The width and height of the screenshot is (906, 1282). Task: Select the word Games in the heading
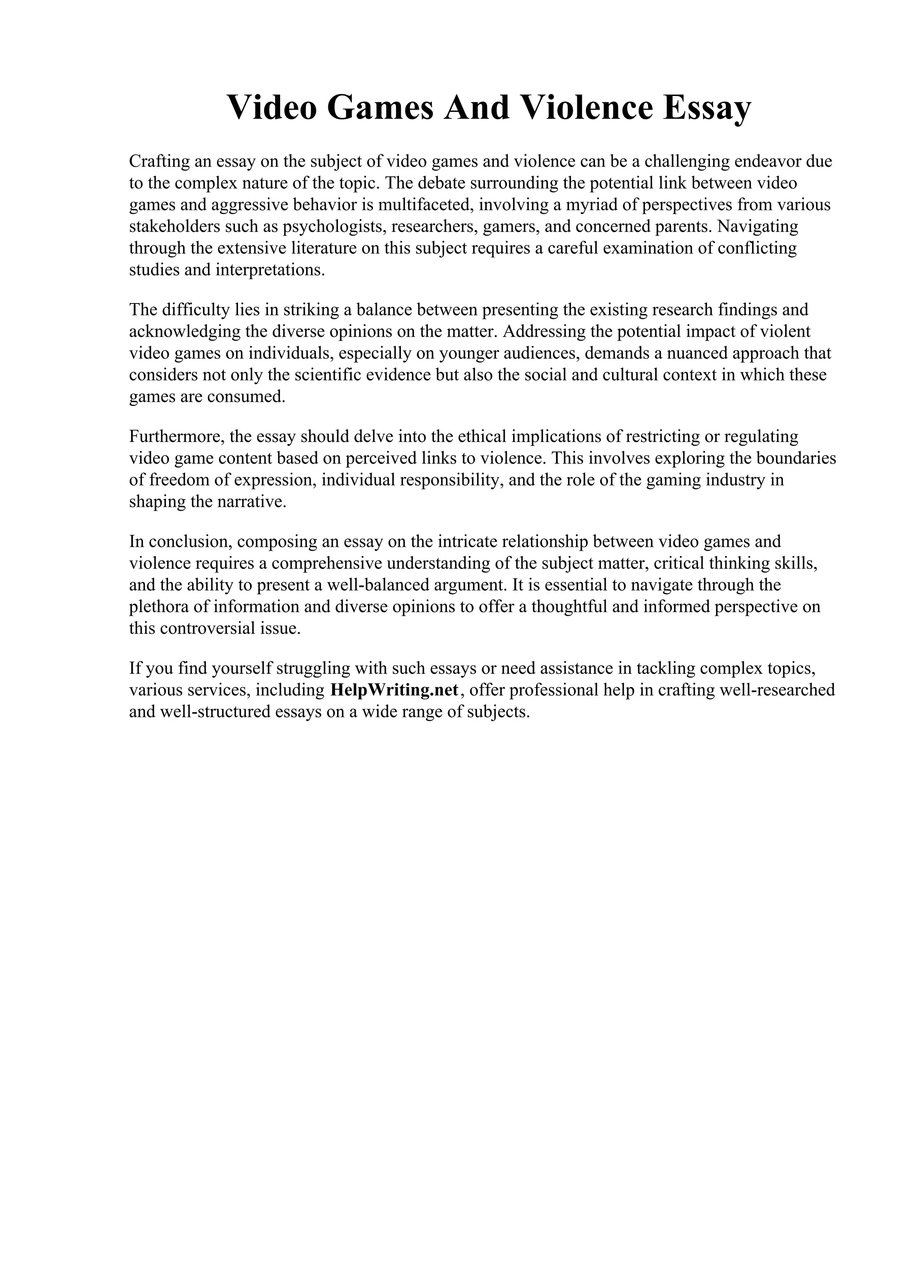tap(380, 108)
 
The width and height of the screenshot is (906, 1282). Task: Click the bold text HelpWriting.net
tap(394, 690)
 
